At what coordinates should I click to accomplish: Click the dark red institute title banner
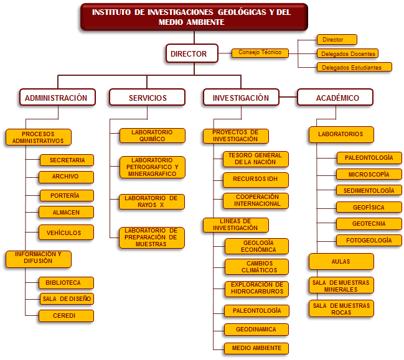(194, 17)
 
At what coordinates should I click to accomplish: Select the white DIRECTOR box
(192, 53)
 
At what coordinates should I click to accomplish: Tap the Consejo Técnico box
(260, 53)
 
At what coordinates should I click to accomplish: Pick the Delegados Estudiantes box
(354, 67)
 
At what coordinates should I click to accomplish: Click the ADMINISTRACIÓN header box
(57, 97)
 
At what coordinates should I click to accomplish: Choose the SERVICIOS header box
(147, 97)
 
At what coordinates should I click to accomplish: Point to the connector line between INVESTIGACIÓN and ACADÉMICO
(288, 97)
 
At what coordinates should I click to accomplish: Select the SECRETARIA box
(67, 160)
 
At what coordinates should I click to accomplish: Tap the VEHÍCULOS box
(66, 233)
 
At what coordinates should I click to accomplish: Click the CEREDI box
(66, 316)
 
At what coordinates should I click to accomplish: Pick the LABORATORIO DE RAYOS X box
(152, 201)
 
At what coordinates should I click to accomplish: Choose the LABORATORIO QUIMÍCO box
(153, 136)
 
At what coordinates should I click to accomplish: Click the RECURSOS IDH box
(256, 180)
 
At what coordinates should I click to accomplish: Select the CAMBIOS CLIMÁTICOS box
(256, 267)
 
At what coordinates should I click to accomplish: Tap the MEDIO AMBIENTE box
(256, 348)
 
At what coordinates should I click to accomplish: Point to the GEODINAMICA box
(256, 330)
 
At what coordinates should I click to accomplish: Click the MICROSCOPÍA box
(369, 174)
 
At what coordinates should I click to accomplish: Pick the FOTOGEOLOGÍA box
(369, 241)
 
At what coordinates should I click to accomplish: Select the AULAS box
(341, 261)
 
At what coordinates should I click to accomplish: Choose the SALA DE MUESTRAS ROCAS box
(341, 308)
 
